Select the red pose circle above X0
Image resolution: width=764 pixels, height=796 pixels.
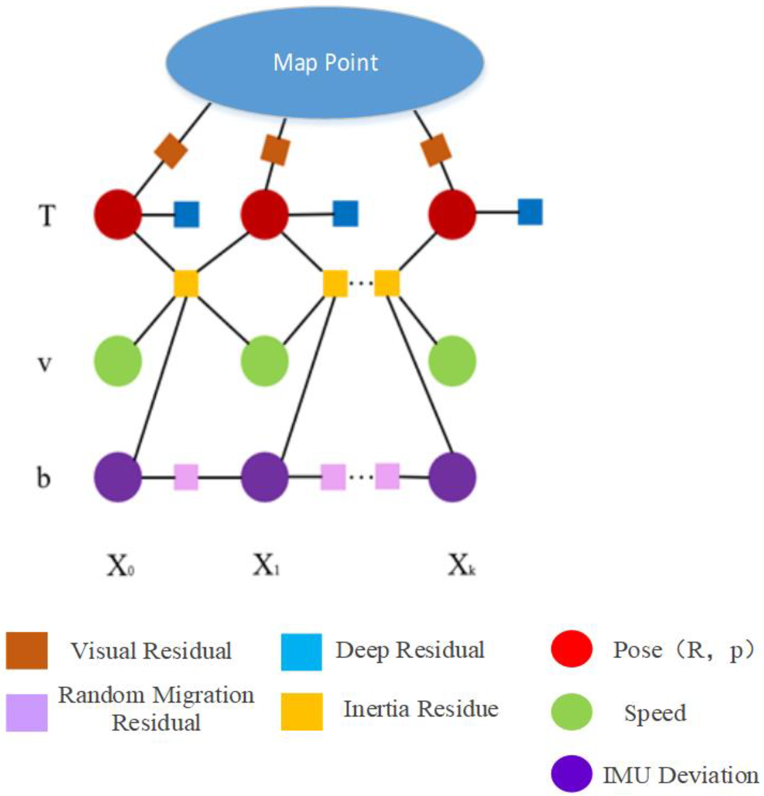point(118,214)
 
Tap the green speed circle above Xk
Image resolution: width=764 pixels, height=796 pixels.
point(452,361)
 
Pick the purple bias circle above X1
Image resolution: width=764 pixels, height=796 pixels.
point(265,477)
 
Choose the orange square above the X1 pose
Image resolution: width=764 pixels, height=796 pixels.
point(275,151)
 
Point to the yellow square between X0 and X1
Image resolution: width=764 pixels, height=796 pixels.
point(186,283)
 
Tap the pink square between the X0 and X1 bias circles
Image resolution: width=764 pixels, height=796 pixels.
point(186,477)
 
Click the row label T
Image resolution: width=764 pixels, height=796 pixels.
point(47,215)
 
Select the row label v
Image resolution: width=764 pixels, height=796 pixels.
point(45,363)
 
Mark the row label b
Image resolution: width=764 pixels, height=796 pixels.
point(44,478)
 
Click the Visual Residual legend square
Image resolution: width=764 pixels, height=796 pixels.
point(27,650)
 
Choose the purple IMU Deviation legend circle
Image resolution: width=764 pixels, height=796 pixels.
point(572,773)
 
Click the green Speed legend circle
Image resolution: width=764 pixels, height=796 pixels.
point(572,712)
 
